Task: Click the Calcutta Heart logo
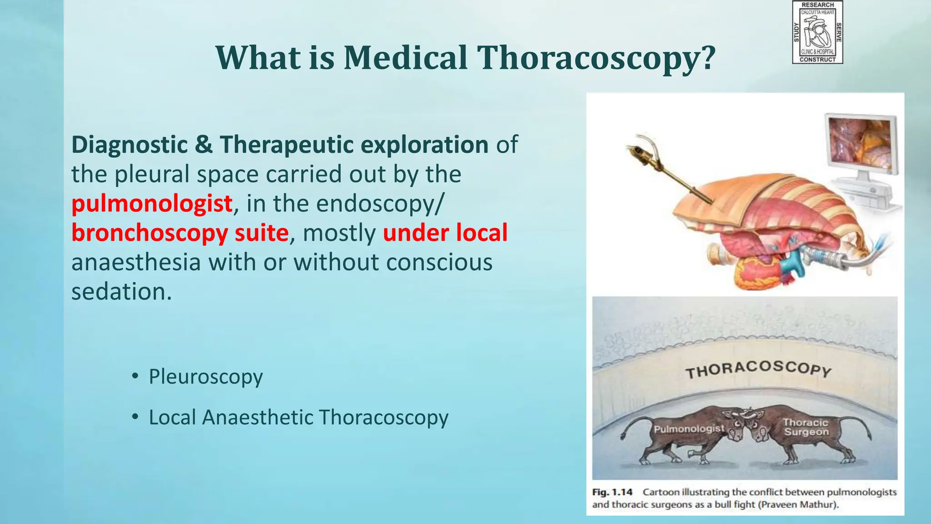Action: click(817, 32)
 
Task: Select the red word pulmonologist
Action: click(152, 204)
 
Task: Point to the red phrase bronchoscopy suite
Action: click(180, 233)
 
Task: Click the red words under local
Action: click(445, 233)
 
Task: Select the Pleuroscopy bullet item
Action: click(205, 377)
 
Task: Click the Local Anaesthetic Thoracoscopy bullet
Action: click(298, 418)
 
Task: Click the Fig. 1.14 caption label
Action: click(612, 492)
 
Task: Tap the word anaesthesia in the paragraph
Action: click(136, 262)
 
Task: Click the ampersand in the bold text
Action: click(204, 145)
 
